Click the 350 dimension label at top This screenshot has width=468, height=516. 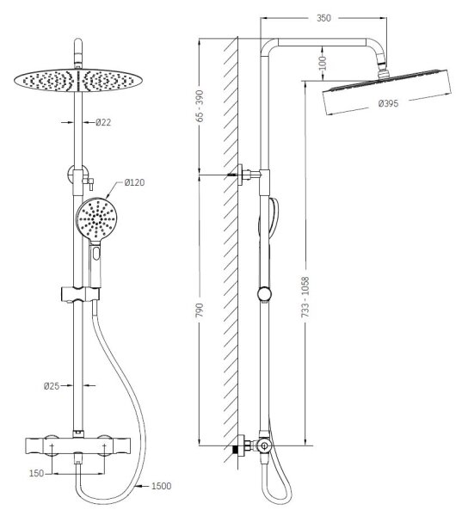coord(323,18)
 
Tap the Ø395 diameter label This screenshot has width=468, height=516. coord(388,104)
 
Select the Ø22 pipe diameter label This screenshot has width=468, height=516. coord(103,122)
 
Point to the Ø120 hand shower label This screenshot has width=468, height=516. coord(134,182)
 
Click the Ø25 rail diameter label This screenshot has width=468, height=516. coord(52,385)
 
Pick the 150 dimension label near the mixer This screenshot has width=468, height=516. coord(36,473)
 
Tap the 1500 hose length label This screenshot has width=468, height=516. coord(161,486)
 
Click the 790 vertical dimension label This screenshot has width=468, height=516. coord(200,310)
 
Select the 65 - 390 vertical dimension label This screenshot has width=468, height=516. coord(200,106)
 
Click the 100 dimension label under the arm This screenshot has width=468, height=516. coord(323,63)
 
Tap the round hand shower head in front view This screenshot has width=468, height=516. coord(95,218)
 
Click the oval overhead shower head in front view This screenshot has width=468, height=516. coord(78,80)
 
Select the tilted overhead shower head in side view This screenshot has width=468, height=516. coord(387,92)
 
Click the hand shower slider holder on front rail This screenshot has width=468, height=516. coord(80,294)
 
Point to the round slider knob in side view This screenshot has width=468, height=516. coord(265,294)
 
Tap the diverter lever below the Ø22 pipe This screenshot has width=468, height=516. coord(89,183)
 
